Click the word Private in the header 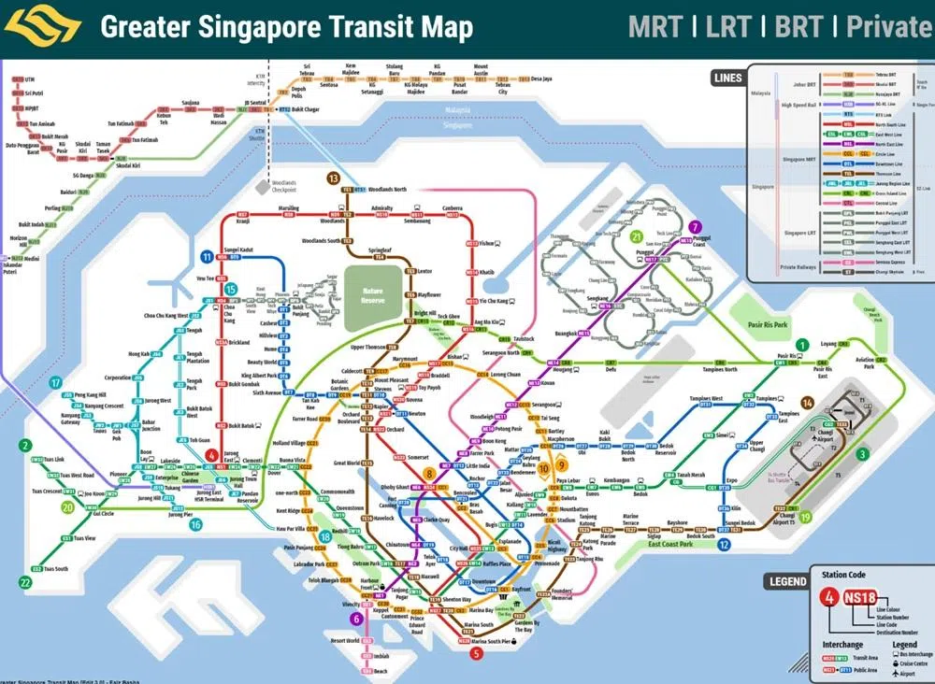[x=888, y=26]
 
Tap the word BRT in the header [x=798, y=26]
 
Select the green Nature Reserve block [x=373, y=296]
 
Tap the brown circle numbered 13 [x=333, y=178]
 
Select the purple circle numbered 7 [x=695, y=227]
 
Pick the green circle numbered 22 [x=24, y=581]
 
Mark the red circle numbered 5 [x=477, y=653]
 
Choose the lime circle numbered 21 [x=638, y=236]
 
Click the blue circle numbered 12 [x=724, y=545]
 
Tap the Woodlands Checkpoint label [x=284, y=185]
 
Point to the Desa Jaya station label [x=541, y=79]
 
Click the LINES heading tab [x=726, y=78]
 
